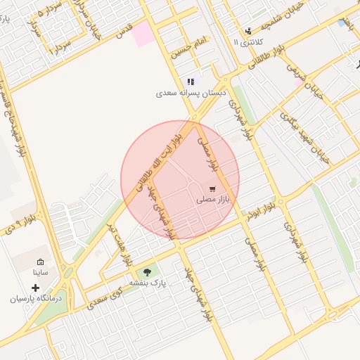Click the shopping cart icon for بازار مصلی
pyautogui.click(x=212, y=189)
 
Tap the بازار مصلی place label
pyautogui.click(x=213, y=200)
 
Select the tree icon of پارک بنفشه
pyautogui.click(x=146, y=272)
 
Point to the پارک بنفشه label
pyautogui.click(x=146, y=283)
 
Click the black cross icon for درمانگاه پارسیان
pyautogui.click(x=36, y=288)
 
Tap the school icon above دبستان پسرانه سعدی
pyautogui.click(x=191, y=82)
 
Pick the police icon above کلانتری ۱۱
pyautogui.click(x=248, y=31)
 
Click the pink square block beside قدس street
pyautogui.click(x=145, y=33)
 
